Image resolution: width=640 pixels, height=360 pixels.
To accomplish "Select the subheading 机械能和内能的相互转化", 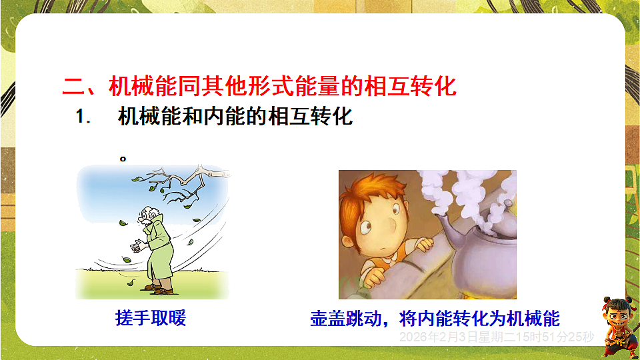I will [235, 117].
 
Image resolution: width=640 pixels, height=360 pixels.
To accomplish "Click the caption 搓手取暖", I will [150, 317].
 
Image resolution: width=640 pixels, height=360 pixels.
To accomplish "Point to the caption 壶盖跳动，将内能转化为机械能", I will [435, 317].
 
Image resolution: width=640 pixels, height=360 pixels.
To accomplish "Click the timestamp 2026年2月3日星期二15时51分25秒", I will [496, 337].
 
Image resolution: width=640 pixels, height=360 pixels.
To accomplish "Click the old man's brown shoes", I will [161, 289].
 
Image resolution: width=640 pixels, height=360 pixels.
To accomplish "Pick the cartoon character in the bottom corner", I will [617, 327].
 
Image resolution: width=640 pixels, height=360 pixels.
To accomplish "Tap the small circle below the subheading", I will [123, 159].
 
